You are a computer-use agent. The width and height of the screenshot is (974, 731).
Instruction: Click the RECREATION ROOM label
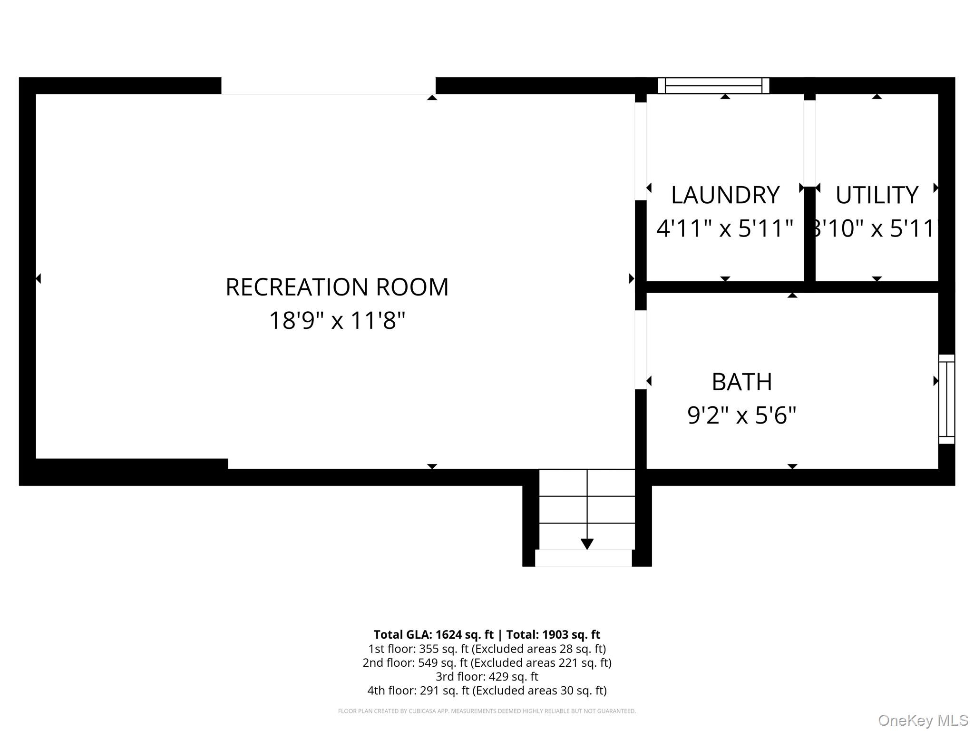[x=337, y=287]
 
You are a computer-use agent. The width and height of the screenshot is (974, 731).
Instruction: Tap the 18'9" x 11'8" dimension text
[x=337, y=320]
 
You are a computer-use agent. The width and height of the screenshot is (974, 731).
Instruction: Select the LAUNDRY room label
[x=725, y=195]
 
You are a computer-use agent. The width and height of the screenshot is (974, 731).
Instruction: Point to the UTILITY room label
[x=877, y=195]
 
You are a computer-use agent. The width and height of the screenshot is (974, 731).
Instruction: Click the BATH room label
[x=742, y=382]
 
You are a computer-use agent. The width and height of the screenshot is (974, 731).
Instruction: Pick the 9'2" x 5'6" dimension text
[x=742, y=415]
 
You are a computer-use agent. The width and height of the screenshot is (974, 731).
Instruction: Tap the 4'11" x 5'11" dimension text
[x=725, y=228]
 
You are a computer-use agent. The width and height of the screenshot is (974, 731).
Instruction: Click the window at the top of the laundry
[x=713, y=86]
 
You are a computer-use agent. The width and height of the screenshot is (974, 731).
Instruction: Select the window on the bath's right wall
[x=946, y=399]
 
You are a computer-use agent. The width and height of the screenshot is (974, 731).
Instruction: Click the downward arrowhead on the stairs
[x=587, y=544]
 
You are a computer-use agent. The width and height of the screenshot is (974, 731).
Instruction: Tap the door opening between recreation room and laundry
[x=641, y=151]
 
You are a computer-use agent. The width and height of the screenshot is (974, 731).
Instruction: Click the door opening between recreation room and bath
[x=641, y=350]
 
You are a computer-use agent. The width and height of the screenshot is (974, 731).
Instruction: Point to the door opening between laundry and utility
[x=809, y=143]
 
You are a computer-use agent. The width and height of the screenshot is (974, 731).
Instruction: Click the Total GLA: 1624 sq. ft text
[x=433, y=634]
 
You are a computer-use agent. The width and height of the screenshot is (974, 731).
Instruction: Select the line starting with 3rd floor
[x=487, y=676]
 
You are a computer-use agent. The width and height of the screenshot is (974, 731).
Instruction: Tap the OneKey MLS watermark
[x=923, y=721]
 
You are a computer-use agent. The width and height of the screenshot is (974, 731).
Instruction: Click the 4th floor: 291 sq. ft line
[x=487, y=690]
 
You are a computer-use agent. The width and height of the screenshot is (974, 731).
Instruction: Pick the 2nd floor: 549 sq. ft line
[x=487, y=662]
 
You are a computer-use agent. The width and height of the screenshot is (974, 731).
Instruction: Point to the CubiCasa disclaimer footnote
[x=487, y=711]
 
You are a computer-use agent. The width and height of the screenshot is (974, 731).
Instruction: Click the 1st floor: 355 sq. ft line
[x=487, y=649]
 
